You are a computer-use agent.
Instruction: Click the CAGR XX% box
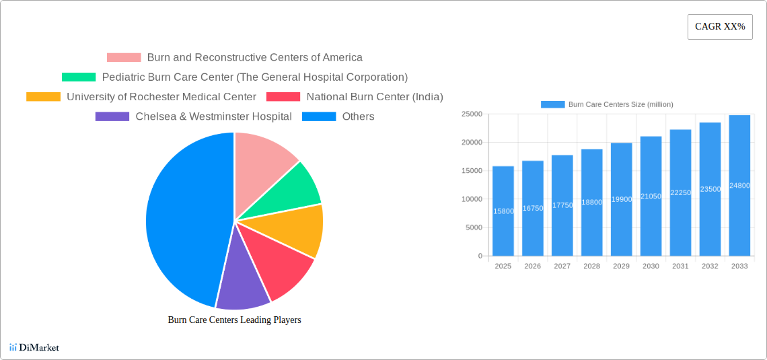tap(720, 27)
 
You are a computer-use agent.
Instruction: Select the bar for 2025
tap(503, 211)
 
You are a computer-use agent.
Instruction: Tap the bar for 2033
tap(739, 185)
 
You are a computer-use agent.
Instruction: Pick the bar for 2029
tap(621, 199)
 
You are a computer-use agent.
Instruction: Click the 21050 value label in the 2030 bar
tap(651, 196)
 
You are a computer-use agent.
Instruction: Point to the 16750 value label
tap(533, 209)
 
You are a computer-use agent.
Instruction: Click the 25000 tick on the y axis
tap(471, 114)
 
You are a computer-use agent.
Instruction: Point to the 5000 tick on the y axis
tap(473, 227)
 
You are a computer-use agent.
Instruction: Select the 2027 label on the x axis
tap(562, 266)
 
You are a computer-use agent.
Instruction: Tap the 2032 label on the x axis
tap(710, 266)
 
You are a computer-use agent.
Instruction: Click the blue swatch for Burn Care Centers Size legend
tap(552, 104)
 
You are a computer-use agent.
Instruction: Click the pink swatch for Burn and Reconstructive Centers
tap(124, 58)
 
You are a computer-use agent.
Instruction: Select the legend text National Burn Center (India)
tap(375, 97)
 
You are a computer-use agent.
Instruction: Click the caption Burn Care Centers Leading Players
tap(234, 320)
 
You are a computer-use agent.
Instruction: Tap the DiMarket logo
tap(34, 347)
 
